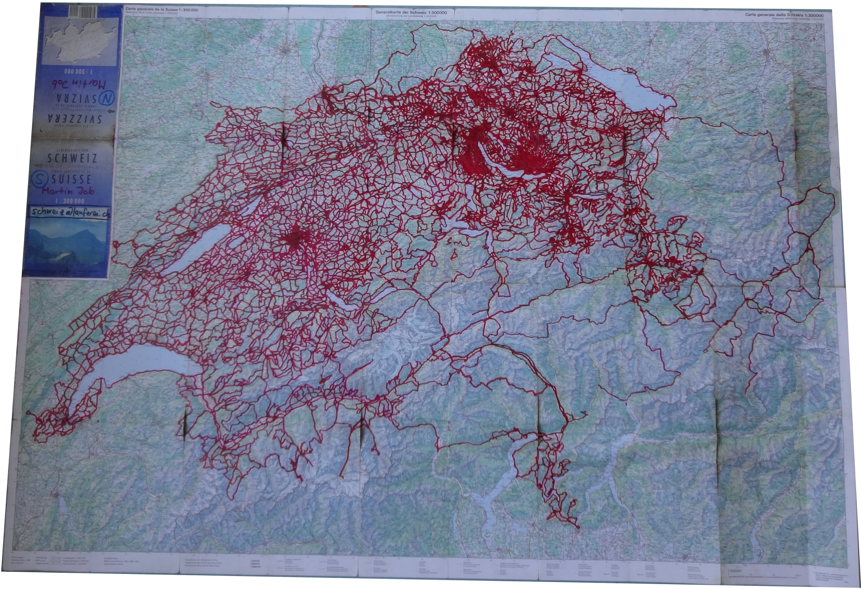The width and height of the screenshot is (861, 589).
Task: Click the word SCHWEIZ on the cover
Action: [72, 158]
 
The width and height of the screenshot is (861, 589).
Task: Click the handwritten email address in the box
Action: [70, 213]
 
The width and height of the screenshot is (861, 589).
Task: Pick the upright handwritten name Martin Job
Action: [68, 191]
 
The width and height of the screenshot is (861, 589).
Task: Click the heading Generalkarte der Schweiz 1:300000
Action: [411, 12]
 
